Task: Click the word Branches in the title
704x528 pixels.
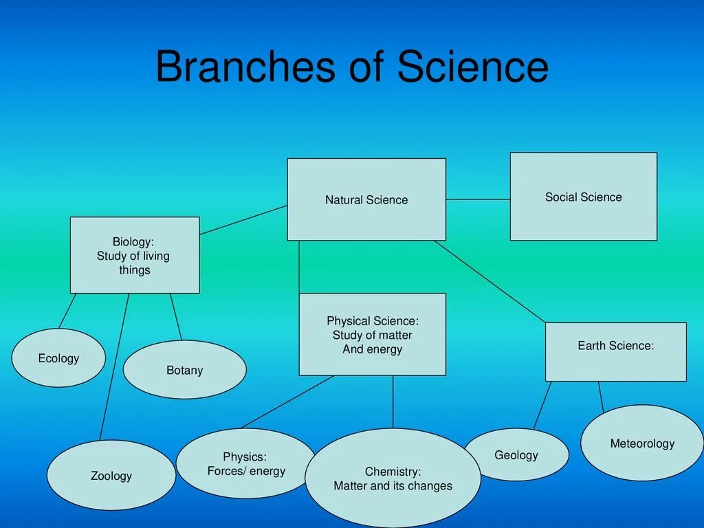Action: click(x=237, y=67)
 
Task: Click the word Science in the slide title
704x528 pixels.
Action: click(x=472, y=67)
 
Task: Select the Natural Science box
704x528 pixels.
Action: click(x=366, y=199)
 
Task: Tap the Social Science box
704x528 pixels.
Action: click(x=583, y=197)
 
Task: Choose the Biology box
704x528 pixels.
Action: click(x=135, y=255)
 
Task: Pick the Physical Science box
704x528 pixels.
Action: click(x=372, y=334)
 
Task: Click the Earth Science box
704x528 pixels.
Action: click(x=615, y=351)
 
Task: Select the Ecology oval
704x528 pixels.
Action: click(x=58, y=358)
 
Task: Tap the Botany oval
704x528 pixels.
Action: click(x=184, y=370)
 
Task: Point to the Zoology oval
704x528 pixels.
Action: click(x=111, y=475)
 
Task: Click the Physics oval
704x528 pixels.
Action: click(x=245, y=463)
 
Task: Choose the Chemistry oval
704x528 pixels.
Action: click(x=393, y=478)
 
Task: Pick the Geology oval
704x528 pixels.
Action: click(x=516, y=454)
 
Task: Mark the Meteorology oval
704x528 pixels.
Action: click(x=642, y=443)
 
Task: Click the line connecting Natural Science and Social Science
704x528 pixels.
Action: click(x=478, y=199)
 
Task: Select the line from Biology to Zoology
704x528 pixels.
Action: click(x=114, y=368)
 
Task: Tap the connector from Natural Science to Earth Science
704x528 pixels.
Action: click(x=489, y=281)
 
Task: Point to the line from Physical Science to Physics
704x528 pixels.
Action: click(x=287, y=401)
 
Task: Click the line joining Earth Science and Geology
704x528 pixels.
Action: click(x=542, y=406)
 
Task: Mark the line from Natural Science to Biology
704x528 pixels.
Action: click(x=243, y=219)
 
